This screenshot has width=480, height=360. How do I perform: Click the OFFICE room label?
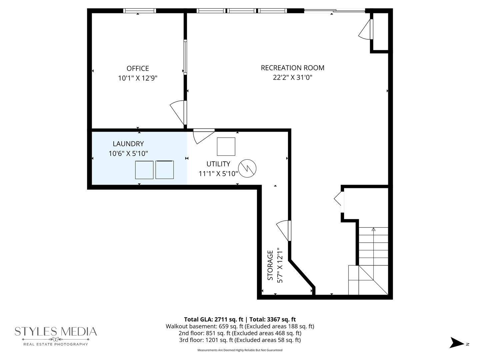point(138,68)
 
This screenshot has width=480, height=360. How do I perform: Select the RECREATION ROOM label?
point(292,68)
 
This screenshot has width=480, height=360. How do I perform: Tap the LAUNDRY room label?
point(128,144)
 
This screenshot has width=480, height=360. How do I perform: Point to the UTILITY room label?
point(218,164)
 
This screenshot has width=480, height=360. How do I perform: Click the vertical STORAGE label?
point(270,265)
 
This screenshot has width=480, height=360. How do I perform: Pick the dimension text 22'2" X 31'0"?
point(292,78)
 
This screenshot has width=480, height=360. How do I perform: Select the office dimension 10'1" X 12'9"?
point(138,78)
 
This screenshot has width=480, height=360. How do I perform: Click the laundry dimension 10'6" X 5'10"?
point(128,153)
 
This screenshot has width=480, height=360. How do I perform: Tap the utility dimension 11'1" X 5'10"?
point(218,173)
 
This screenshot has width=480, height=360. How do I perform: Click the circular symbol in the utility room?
point(247,168)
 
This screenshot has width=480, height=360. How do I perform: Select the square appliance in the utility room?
point(226,146)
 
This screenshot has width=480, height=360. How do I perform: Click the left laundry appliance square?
point(144,170)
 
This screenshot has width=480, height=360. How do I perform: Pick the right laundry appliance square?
point(165,170)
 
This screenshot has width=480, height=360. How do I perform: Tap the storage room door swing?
point(283,230)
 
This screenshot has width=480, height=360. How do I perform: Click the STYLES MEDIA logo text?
point(56,332)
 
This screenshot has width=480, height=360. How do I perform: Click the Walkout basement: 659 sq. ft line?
point(240,326)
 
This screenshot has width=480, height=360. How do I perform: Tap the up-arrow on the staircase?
point(373,229)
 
